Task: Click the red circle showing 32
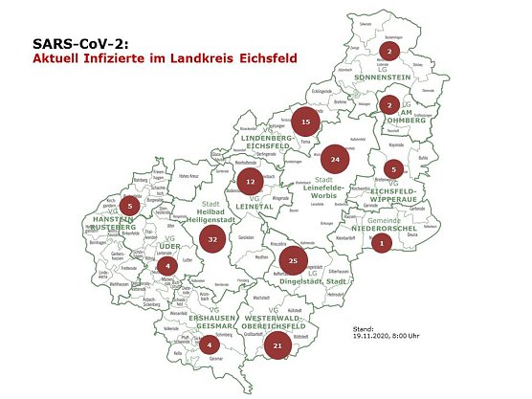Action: tap(214, 239)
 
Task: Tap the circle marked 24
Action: tap(334, 158)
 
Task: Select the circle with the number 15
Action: tap(305, 122)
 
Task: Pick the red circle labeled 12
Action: tap(251, 181)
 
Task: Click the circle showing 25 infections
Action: tap(294, 260)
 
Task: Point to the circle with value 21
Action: tap(277, 345)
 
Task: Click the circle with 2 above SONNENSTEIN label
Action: tap(389, 50)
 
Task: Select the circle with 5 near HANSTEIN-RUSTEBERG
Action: tap(131, 205)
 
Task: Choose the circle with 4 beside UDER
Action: tap(167, 265)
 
